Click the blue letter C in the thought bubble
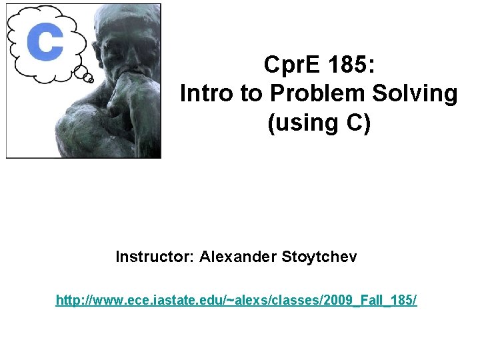click(45, 42)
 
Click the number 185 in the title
click(351, 65)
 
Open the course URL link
click(237, 301)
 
